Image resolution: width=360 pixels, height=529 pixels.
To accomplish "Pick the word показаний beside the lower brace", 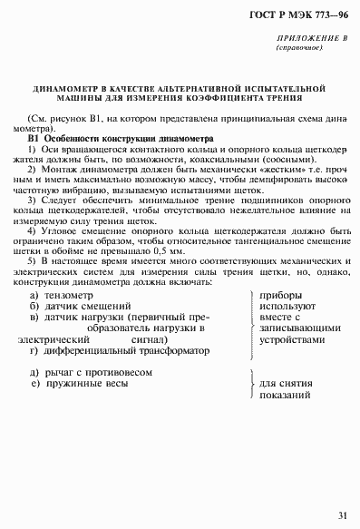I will point(285,396).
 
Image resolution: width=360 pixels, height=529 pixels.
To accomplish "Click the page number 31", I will point(341,516).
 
